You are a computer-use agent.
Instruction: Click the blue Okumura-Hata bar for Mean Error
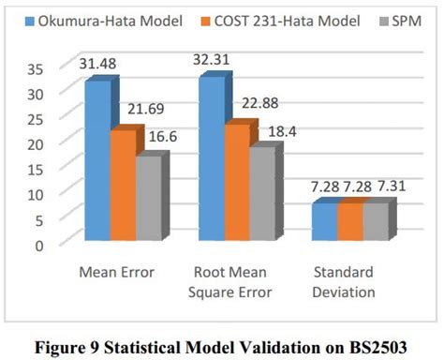(x=96, y=164)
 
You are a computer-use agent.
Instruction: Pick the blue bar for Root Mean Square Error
(x=211, y=161)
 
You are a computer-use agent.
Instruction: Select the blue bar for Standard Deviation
(x=324, y=223)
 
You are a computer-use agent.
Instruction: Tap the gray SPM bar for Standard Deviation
(x=375, y=223)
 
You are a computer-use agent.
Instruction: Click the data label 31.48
(x=106, y=64)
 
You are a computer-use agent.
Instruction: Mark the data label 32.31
(x=222, y=59)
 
